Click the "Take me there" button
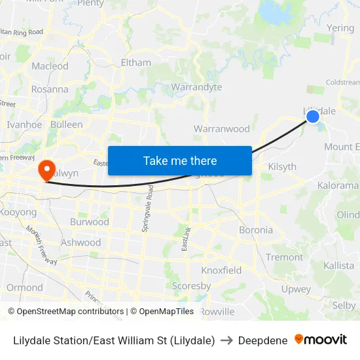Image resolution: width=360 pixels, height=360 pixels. coord(179,160)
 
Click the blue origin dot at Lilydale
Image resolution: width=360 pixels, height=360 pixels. coord(313,116)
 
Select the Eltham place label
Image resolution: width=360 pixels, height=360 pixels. coord(135,63)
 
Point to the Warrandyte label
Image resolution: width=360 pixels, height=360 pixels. coord(196,87)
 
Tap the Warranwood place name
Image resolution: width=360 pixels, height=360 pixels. coord(222,129)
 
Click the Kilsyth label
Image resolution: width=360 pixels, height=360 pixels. coord(282,167)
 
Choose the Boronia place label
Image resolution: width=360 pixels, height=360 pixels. coord(256,230)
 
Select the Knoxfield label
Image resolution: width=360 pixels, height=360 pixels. coord(221,270)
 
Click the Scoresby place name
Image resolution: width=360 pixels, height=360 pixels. coord(191,286)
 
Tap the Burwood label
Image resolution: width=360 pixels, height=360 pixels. coord(89,222)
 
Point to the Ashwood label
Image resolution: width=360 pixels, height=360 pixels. coord(81,242)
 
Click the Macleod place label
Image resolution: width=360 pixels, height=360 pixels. coord(50,66)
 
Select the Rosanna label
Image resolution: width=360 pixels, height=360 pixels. coord(50,89)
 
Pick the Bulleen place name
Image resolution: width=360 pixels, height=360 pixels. coord(66,124)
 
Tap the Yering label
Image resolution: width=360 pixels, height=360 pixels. coord(340,28)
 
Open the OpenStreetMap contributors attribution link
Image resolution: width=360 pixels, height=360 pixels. coord(66,312)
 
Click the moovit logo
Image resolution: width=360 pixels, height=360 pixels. coord(321,340)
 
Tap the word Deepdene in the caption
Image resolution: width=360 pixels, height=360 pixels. coord(262,340)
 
